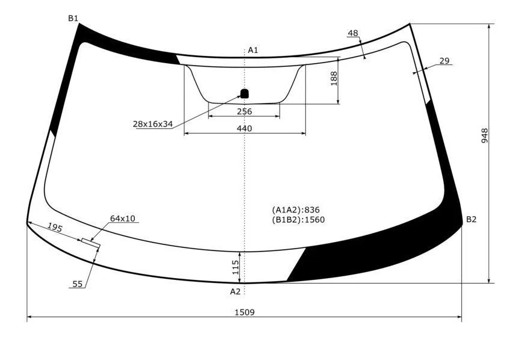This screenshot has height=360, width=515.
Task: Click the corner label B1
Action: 73,19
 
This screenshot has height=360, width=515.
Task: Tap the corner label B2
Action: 471,219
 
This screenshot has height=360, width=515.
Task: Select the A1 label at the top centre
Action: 253,50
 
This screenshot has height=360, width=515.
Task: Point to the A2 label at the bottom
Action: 235,291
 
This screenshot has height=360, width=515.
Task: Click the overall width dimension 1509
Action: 245,312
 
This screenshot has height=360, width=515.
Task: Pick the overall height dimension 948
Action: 485,135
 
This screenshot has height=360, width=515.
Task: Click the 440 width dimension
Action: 245,128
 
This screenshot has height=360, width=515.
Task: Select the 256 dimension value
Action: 245,111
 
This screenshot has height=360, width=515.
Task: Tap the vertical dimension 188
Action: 334,78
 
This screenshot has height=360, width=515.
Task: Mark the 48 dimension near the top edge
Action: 353,33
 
